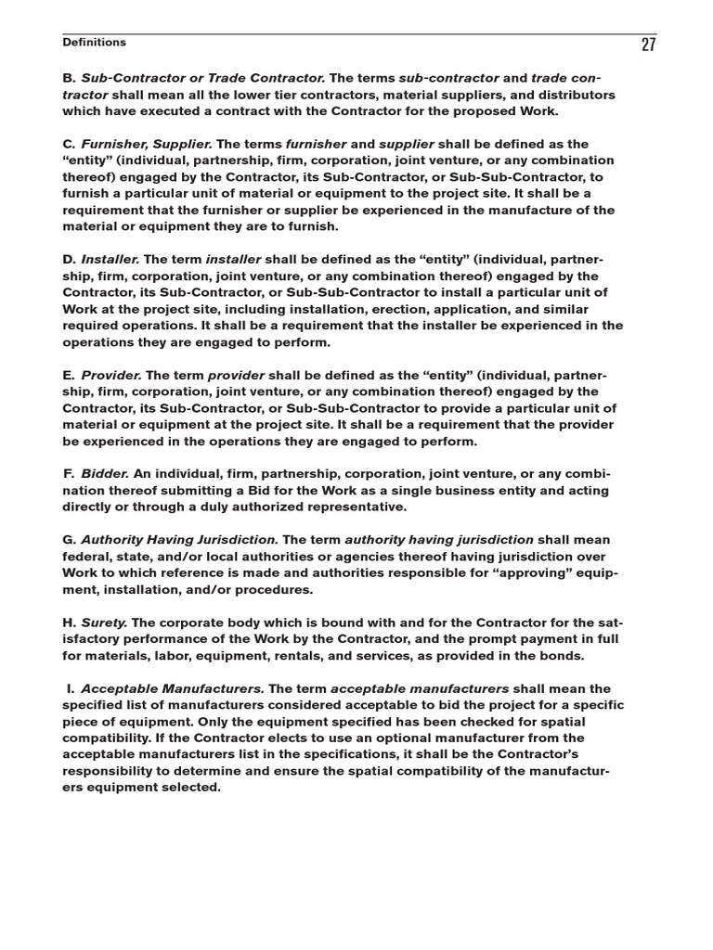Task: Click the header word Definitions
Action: coord(94,43)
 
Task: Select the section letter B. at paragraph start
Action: coord(70,78)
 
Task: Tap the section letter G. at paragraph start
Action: coord(70,539)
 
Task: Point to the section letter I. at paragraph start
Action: coord(71,688)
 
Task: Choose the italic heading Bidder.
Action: coord(104,473)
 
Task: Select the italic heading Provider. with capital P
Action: coord(111,375)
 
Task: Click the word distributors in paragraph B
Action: coord(574,95)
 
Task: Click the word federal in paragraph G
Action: coord(90,556)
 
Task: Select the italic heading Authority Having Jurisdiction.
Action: coord(179,539)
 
